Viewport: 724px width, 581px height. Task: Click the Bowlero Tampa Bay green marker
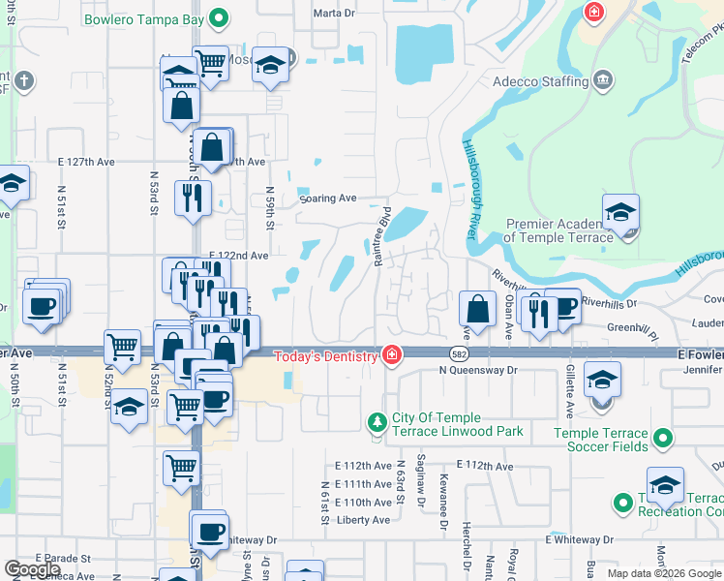click(x=219, y=16)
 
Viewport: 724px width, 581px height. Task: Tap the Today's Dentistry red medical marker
click(x=392, y=355)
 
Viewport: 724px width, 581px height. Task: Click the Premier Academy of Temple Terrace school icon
click(x=620, y=213)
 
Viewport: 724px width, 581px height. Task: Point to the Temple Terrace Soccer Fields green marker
click(x=662, y=441)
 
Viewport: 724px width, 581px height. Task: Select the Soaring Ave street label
click(x=328, y=198)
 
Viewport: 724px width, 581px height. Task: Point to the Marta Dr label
click(x=336, y=14)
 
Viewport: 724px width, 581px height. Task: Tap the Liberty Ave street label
click(x=362, y=520)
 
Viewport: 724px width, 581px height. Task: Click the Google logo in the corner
click(x=32, y=568)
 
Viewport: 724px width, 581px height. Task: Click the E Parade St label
click(x=62, y=559)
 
